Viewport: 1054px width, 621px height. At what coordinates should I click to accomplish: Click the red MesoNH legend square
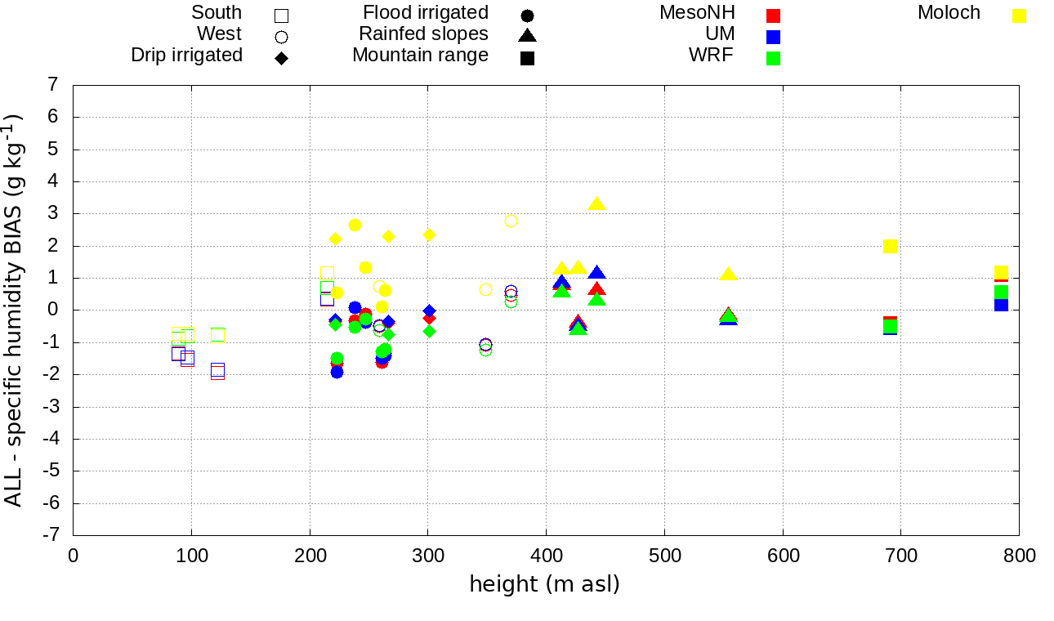[x=774, y=16]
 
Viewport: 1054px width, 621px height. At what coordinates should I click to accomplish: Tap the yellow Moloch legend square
[x=1019, y=16]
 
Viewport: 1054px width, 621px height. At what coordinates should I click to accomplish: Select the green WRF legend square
[x=774, y=58]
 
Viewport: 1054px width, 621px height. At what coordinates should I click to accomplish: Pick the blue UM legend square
[x=774, y=37]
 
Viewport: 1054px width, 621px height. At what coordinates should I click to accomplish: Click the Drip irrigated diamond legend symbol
[x=281, y=58]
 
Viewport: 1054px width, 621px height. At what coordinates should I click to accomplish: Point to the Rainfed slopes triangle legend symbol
[x=527, y=35]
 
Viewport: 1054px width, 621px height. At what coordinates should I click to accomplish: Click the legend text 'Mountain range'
[x=420, y=56]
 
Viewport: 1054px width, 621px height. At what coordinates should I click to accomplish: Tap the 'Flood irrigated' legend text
[x=426, y=13]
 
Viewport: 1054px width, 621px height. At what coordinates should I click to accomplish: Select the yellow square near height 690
[x=891, y=246]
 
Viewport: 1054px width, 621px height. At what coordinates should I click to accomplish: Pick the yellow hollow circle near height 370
[x=511, y=221]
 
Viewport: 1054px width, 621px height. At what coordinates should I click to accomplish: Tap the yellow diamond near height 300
[x=429, y=235]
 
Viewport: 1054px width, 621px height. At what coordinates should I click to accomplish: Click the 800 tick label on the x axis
[x=1019, y=556]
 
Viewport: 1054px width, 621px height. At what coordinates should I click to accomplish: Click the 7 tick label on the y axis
[x=52, y=85]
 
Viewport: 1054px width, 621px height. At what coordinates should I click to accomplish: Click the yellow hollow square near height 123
[x=217, y=334]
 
